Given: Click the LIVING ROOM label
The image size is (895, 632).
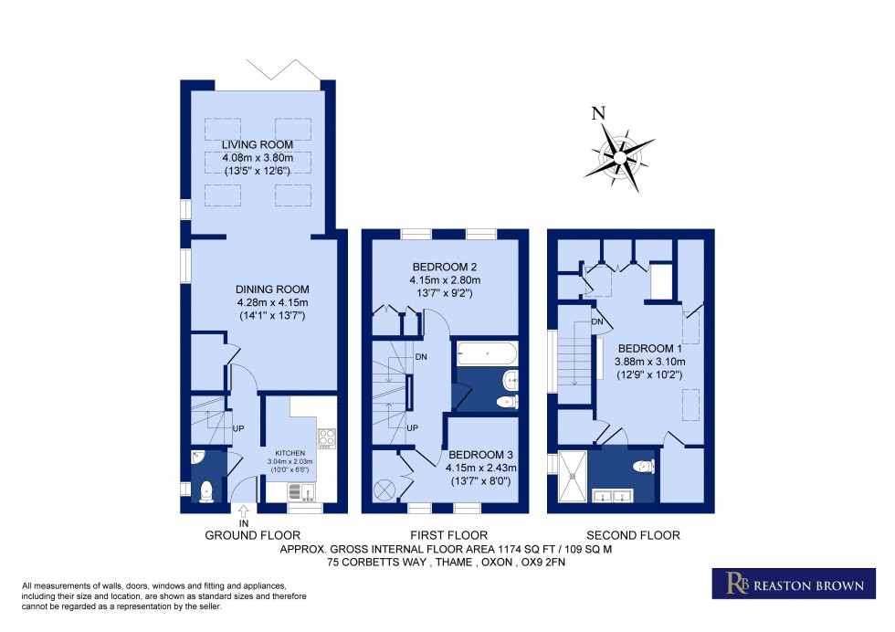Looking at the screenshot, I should (257, 144).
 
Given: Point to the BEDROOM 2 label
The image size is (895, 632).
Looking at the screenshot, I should (446, 268).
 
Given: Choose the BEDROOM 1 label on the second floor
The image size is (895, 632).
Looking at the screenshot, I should (649, 349).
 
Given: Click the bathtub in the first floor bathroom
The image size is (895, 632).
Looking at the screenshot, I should (486, 351).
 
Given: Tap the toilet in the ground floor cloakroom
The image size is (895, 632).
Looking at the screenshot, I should (205, 490).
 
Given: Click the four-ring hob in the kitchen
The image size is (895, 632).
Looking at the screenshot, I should (327, 439).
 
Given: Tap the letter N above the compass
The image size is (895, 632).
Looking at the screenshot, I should (599, 114).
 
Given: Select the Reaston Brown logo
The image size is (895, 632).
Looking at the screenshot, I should (786, 583).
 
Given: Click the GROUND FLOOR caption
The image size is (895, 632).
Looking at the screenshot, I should (252, 535).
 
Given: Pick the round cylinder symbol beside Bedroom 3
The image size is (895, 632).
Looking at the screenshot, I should (384, 490).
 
